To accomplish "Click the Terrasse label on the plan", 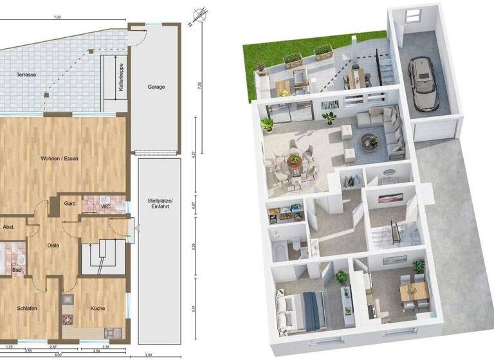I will click(x=26, y=75).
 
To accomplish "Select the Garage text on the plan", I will click(x=156, y=86).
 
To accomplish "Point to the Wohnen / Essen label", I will click(x=59, y=158).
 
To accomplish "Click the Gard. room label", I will click(x=71, y=204).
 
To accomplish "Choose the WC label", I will click(x=105, y=206).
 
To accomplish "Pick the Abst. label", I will click(x=9, y=227).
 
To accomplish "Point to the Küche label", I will click(x=98, y=309).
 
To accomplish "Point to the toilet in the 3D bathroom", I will click(x=295, y=245).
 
